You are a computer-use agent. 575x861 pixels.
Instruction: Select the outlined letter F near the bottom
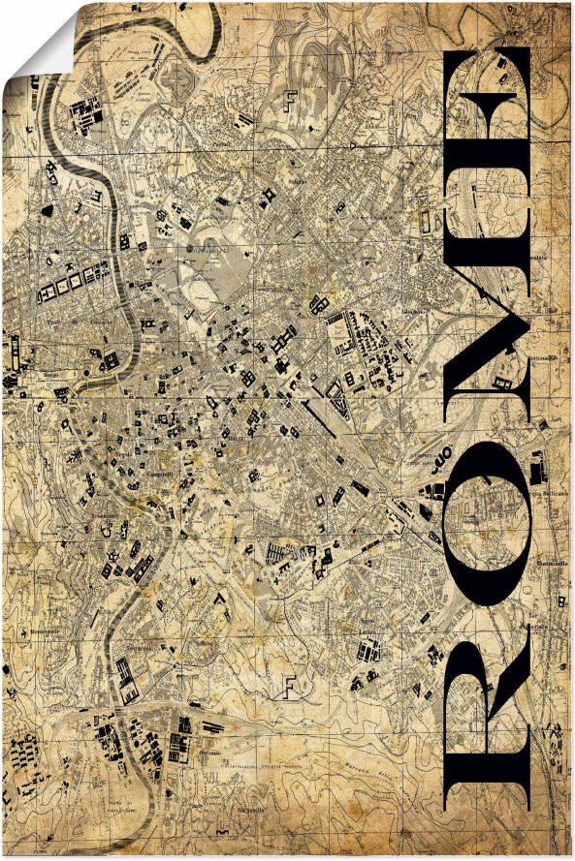point(287,684)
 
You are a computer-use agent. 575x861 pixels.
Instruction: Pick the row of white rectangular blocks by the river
point(68,284)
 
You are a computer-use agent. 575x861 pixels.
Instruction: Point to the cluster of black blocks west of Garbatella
point(179,746)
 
